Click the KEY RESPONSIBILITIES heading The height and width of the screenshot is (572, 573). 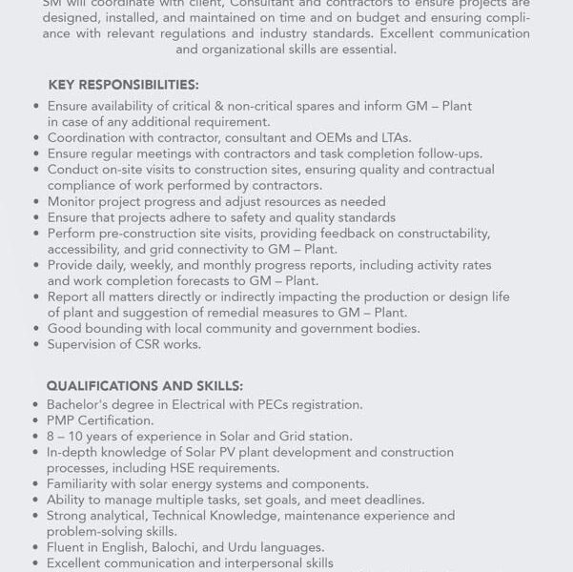click(x=123, y=85)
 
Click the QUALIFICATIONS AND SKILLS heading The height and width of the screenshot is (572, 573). click(x=145, y=386)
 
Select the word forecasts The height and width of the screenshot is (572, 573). click(x=212, y=281)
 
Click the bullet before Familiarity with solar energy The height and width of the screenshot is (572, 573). click(x=36, y=484)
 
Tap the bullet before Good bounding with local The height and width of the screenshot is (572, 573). click(x=36, y=329)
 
